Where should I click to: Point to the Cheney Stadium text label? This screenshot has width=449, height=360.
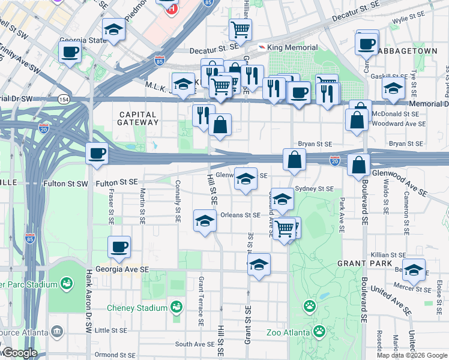(137, 308)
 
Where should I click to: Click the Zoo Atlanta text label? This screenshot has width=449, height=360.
(289, 332)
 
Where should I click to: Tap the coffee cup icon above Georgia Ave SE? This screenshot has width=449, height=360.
(119, 246)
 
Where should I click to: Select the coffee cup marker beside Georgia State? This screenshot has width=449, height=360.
(70, 51)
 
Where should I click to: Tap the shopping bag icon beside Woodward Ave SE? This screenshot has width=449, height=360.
(357, 119)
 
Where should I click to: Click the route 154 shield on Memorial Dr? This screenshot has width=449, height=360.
(64, 98)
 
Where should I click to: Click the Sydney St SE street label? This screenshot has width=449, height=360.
(315, 188)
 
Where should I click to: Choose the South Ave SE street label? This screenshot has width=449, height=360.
(194, 344)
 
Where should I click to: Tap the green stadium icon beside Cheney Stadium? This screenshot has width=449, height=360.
(176, 307)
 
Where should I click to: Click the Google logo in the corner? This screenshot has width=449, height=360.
(19, 353)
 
